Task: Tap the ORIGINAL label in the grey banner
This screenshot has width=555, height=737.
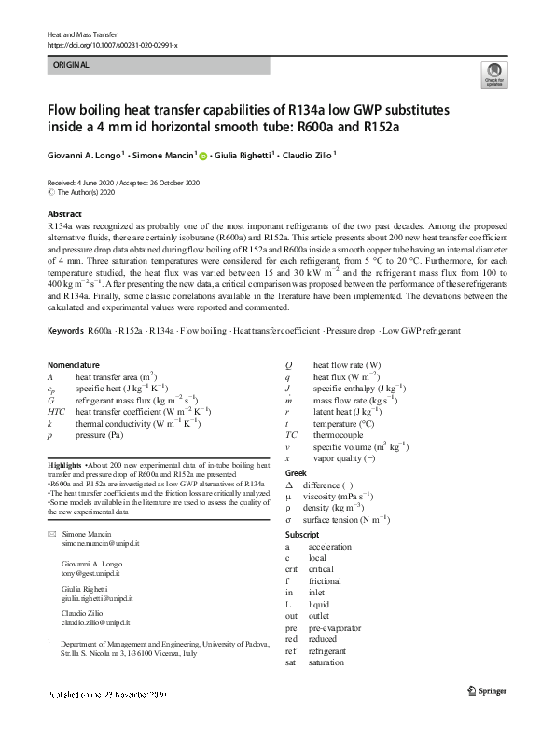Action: click(x=71, y=65)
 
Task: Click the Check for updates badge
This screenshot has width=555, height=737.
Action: click(x=493, y=75)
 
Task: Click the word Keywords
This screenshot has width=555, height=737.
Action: click(x=64, y=331)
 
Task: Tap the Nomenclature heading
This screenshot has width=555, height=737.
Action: click(x=75, y=364)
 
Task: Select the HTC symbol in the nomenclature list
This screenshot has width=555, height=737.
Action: click(x=56, y=411)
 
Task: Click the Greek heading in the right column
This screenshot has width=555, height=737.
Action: click(x=295, y=474)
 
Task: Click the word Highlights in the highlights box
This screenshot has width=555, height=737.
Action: click(x=64, y=464)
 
